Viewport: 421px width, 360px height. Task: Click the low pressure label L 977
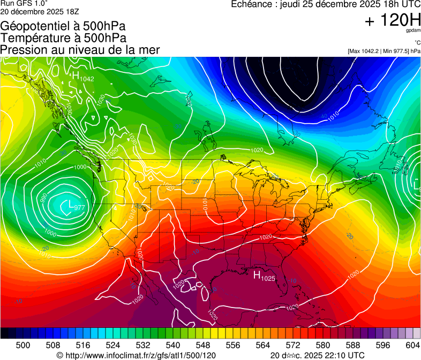74,205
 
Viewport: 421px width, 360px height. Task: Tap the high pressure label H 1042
83,77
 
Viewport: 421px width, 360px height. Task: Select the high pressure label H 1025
264,276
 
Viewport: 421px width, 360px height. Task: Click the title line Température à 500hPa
64,38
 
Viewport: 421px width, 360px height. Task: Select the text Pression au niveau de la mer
80,50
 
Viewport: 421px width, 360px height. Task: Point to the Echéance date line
325,4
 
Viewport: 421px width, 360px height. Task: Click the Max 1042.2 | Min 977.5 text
384,51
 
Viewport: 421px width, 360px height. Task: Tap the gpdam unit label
413,31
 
